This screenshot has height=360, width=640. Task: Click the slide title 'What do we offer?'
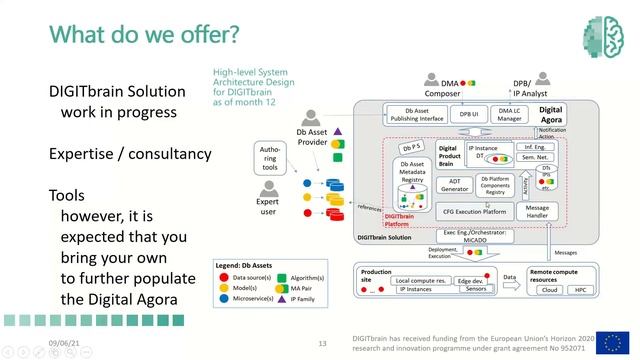(x=145, y=36)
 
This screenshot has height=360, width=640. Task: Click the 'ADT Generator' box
(x=455, y=184)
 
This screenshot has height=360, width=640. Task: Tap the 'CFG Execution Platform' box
(x=474, y=211)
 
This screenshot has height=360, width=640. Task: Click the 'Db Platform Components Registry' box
(x=497, y=184)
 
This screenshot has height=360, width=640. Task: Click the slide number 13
(x=323, y=343)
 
